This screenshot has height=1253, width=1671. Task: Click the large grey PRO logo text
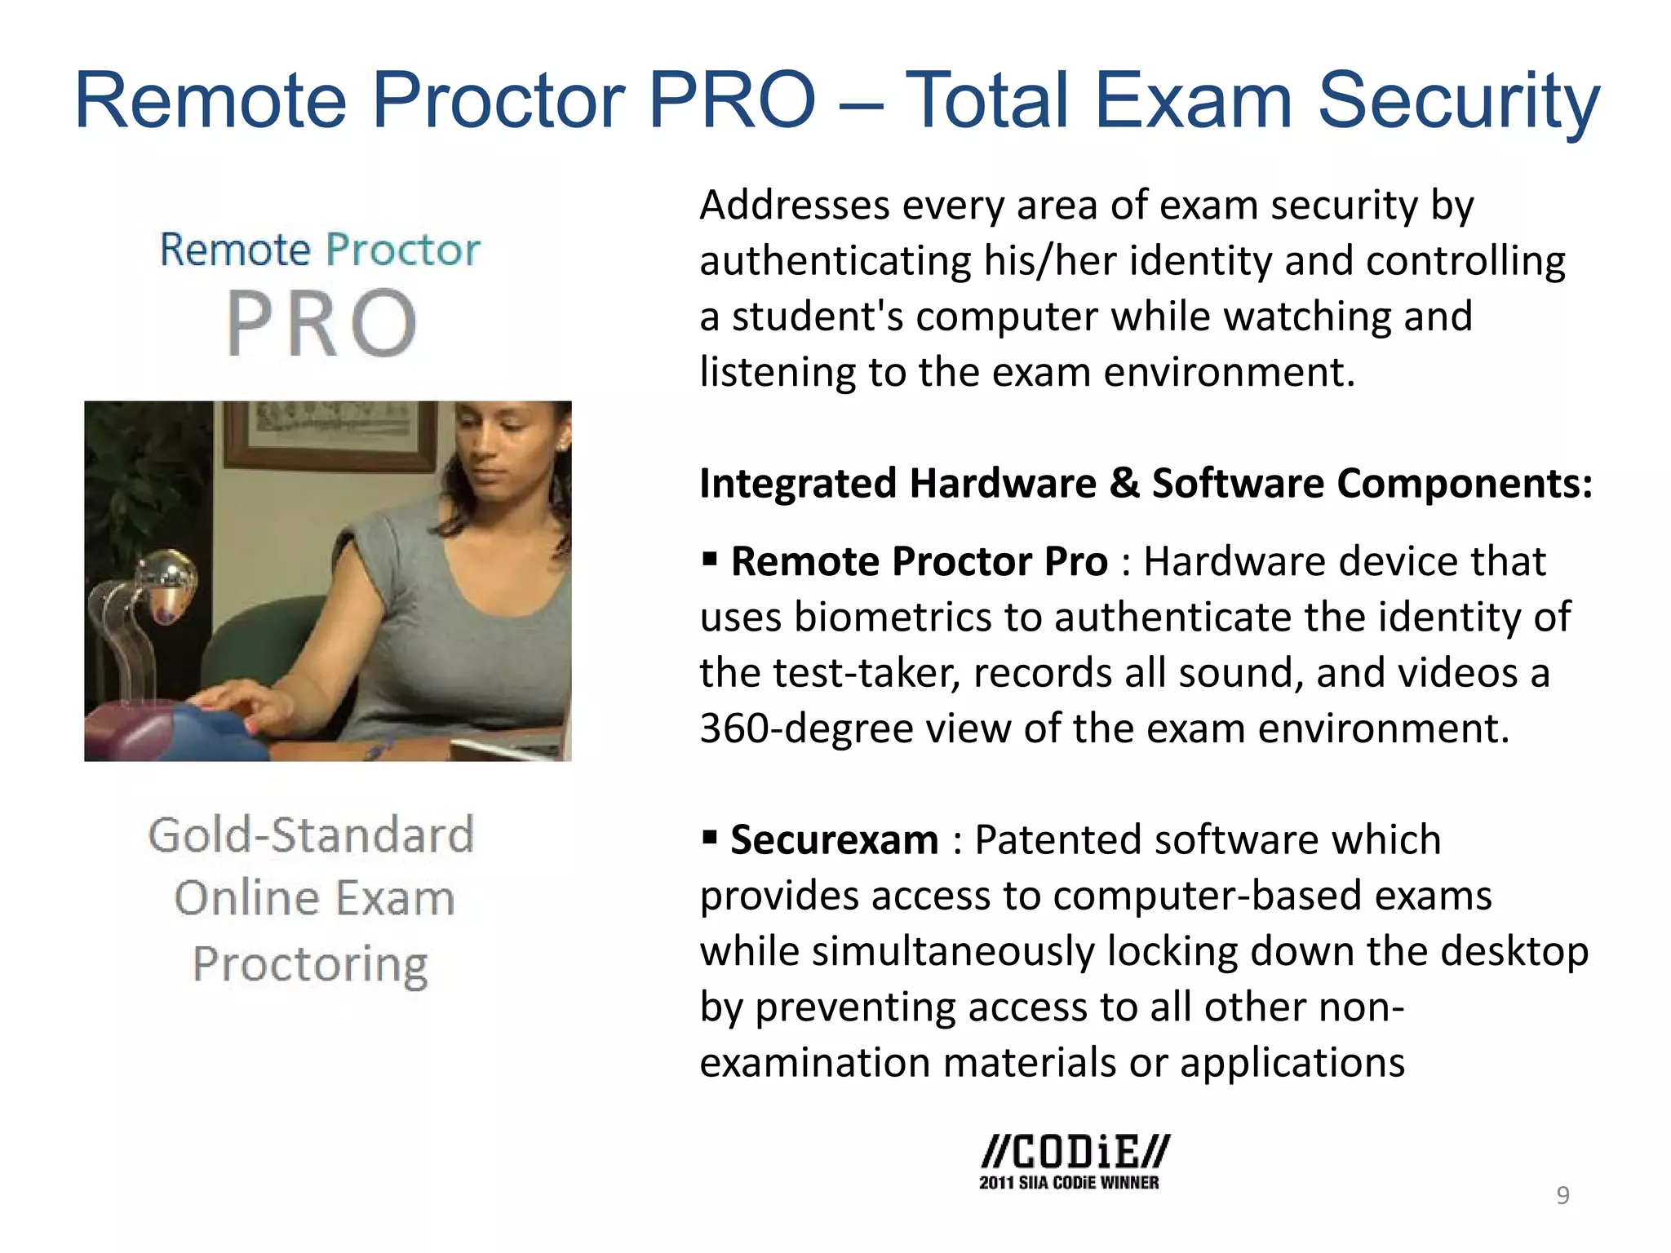click(321, 324)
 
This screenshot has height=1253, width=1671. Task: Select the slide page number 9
click(1562, 1195)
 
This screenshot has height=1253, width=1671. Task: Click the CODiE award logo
click(1075, 1152)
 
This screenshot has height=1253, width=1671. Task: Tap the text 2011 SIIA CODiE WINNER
click(1069, 1183)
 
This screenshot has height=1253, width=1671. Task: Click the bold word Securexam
click(834, 840)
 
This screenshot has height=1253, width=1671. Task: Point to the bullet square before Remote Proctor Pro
click(710, 559)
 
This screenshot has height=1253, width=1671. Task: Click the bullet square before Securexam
click(710, 837)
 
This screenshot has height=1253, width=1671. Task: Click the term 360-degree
click(805, 728)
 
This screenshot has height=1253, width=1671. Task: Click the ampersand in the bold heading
click(1124, 483)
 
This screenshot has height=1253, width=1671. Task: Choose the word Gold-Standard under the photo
click(311, 835)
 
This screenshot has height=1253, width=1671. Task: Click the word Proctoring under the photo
click(310, 965)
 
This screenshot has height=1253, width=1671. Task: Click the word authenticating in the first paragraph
click(835, 262)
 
